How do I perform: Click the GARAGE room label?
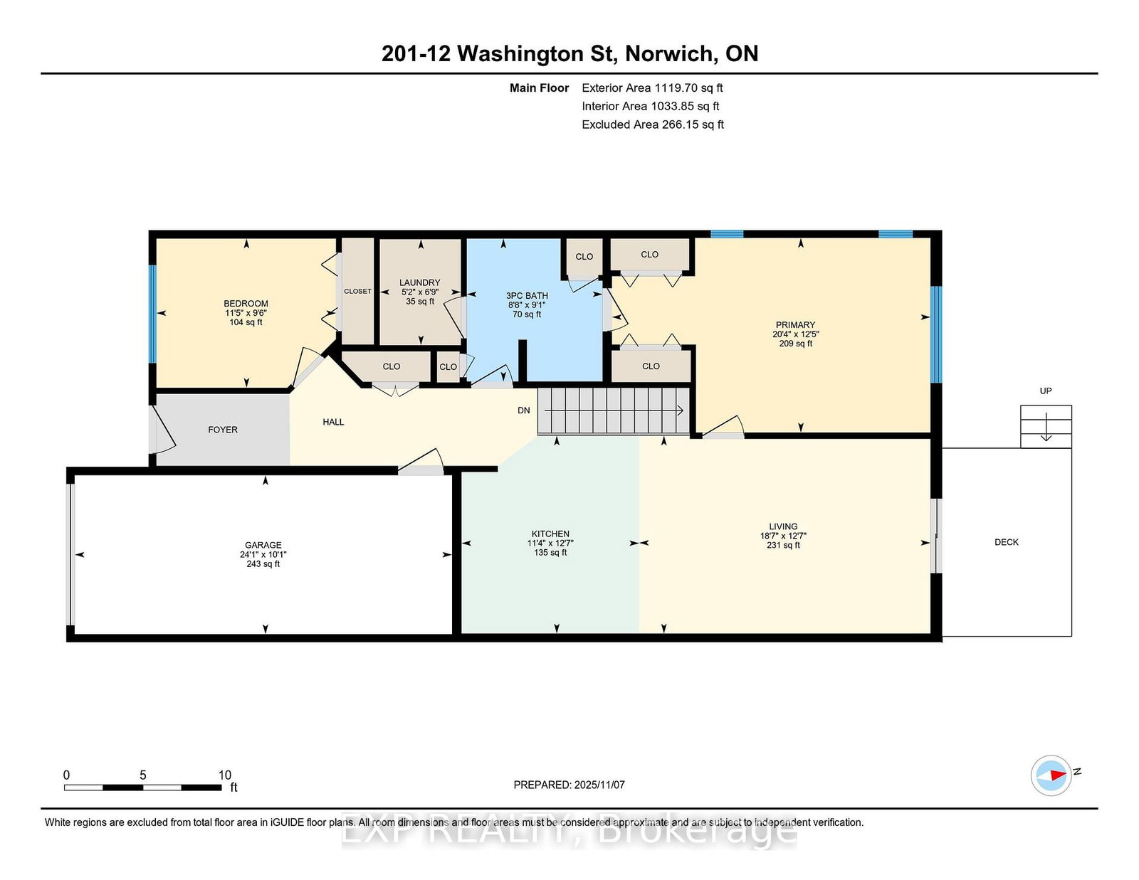(263, 545)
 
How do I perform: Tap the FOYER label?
(223, 430)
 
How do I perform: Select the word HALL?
(333, 422)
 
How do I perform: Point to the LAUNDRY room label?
(420, 282)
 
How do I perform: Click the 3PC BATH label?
(527, 295)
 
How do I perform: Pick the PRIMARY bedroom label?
(795, 325)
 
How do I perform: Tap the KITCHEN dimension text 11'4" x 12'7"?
(550, 544)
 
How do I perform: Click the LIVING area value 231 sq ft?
(783, 545)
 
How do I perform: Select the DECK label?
(1007, 542)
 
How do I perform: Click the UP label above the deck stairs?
(1046, 391)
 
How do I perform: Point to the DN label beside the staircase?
(524, 410)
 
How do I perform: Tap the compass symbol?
(1051, 775)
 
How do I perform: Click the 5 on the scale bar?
(142, 775)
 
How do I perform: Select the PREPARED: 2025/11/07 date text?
(569, 785)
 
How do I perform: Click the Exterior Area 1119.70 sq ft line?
(652, 88)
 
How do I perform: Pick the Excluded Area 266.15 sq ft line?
(653, 124)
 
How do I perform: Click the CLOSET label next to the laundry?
(357, 291)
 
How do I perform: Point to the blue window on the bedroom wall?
(152, 314)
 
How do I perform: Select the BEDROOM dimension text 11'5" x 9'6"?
(246, 313)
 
